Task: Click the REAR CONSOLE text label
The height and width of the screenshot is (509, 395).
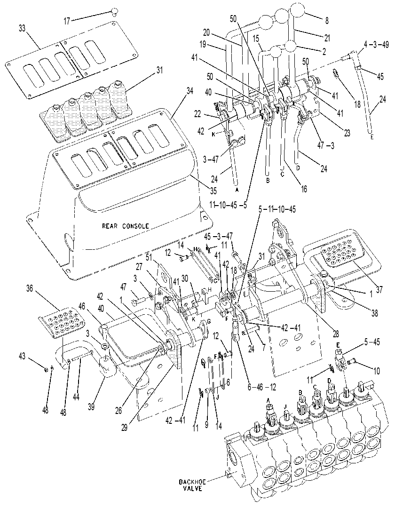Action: tap(126, 226)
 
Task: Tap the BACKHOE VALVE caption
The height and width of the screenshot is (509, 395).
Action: tap(191, 485)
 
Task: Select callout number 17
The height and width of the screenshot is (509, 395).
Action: tap(67, 22)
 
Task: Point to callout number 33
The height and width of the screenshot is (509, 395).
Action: tap(22, 28)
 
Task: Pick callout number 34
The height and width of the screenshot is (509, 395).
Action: tap(190, 91)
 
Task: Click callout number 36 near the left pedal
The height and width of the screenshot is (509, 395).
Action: tap(30, 288)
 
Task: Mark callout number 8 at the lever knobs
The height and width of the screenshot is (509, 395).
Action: tap(327, 21)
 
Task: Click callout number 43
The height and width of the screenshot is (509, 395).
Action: tap(22, 356)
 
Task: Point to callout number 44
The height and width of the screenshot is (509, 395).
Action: tap(76, 389)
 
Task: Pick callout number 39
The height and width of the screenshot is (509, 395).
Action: tap(92, 406)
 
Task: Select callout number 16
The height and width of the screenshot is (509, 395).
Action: tap(304, 189)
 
